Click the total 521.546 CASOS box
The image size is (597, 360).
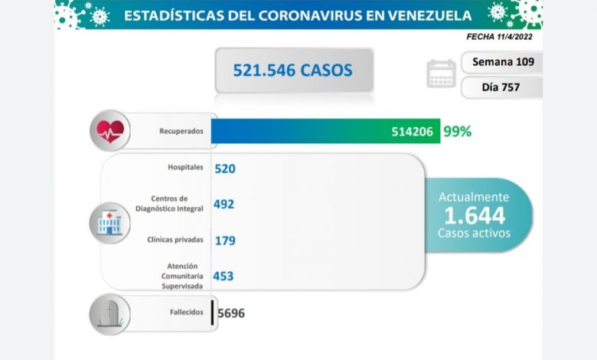point(293,70)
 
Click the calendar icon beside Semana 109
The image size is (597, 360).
point(441,74)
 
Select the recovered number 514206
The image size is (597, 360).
point(411,131)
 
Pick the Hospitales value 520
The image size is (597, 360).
point(224,168)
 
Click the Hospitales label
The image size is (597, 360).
point(185,167)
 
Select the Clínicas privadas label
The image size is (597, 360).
point(175,240)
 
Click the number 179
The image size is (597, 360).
point(224,241)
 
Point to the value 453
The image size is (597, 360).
point(223,276)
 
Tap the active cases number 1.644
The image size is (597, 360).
point(474,215)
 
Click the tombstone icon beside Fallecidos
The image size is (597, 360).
point(109,315)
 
